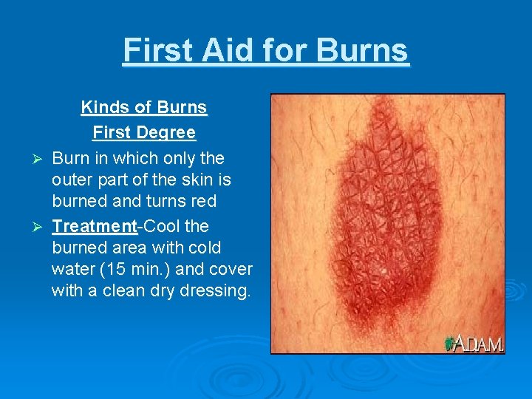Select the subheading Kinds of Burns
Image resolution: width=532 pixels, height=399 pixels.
coord(144,107)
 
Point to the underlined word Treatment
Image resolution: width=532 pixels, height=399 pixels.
coord(95,225)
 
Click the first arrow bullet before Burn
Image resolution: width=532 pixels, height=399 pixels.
coord(41,159)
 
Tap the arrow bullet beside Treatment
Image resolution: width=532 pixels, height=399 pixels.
coord(41,225)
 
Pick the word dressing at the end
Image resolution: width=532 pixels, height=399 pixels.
coord(220,291)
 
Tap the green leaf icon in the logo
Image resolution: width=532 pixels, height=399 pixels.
coord(449,344)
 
